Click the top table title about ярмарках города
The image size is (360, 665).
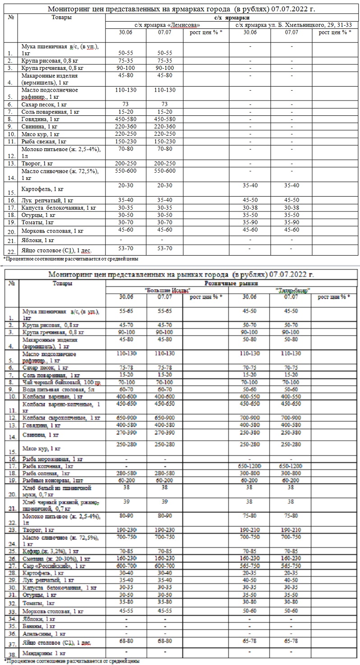(x=181, y=9)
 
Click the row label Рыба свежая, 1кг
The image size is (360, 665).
(x=44, y=141)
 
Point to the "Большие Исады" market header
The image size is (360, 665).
(x=167, y=290)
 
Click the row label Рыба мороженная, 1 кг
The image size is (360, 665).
(x=53, y=459)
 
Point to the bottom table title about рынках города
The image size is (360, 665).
(x=181, y=274)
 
